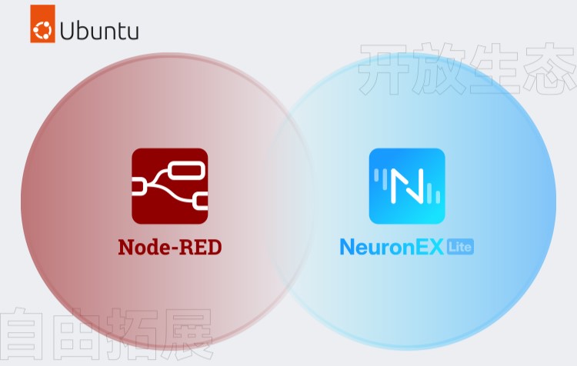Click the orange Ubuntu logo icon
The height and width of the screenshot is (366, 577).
[43, 31]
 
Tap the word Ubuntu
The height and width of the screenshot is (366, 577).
[99, 32]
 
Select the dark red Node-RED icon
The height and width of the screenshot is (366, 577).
[169, 186]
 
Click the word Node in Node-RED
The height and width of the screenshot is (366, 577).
[139, 247]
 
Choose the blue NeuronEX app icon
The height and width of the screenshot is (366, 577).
[407, 186]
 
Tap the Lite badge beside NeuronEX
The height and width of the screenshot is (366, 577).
[461, 246]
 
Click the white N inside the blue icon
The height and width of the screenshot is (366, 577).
[407, 187]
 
